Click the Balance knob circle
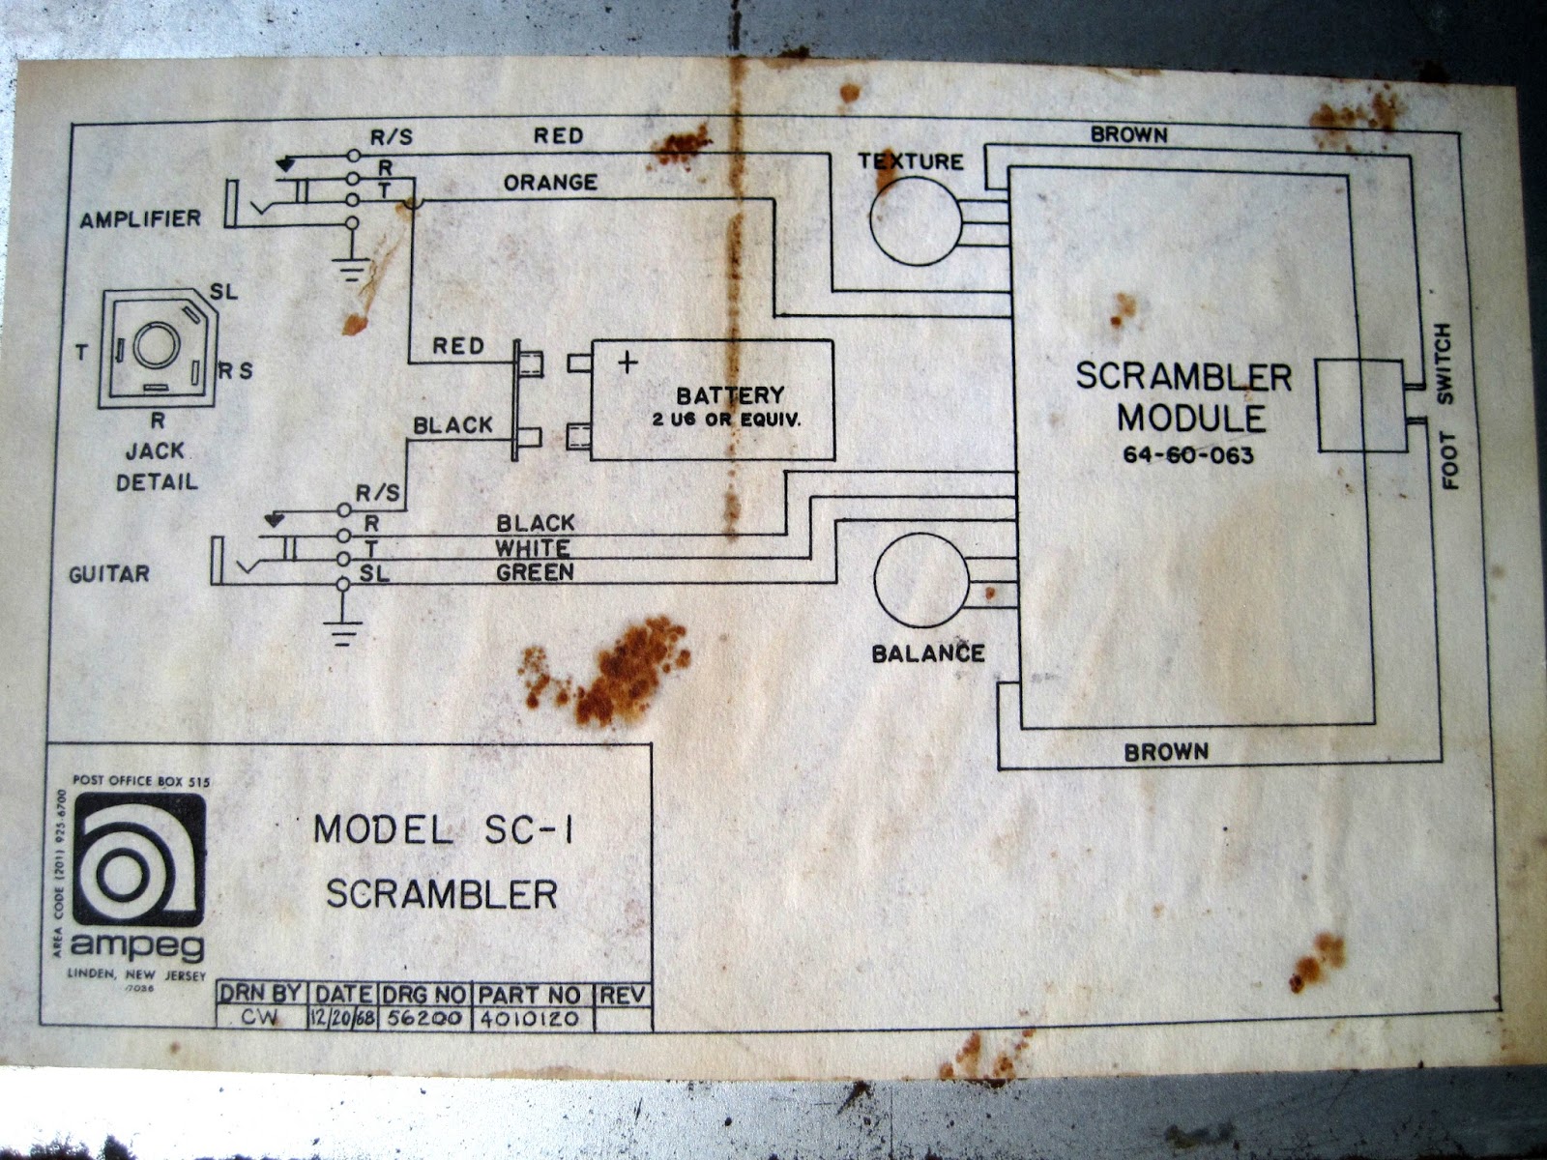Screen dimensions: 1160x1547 click(x=921, y=580)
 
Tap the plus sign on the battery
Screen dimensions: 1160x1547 click(x=628, y=362)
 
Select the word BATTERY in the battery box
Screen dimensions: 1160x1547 click(x=730, y=395)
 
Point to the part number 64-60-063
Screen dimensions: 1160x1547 click(x=1188, y=454)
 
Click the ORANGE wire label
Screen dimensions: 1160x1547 click(x=550, y=182)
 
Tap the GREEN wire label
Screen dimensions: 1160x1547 click(x=535, y=572)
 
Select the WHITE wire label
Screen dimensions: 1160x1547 click(x=533, y=548)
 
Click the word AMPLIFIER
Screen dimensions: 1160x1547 click(x=140, y=219)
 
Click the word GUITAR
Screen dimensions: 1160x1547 click(x=109, y=574)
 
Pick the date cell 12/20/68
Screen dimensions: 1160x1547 click(x=342, y=1018)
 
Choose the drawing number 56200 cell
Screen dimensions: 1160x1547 click(x=424, y=1018)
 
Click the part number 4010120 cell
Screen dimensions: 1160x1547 click(x=529, y=1018)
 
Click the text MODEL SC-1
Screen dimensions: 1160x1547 click(x=444, y=830)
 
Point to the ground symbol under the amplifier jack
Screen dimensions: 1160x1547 click(x=351, y=268)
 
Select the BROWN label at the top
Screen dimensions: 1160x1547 click(x=1128, y=135)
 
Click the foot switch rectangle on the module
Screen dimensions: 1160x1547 click(x=1359, y=405)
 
